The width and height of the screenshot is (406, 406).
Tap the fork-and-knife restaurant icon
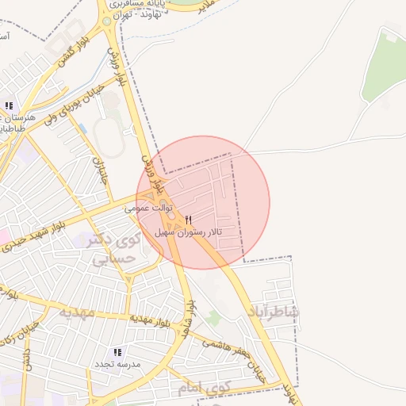[x=188, y=220]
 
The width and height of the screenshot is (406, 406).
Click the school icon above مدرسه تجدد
[x=117, y=352]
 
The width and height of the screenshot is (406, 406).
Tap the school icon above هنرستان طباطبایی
[x=9, y=105]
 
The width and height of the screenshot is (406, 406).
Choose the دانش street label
[x=26, y=361]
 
